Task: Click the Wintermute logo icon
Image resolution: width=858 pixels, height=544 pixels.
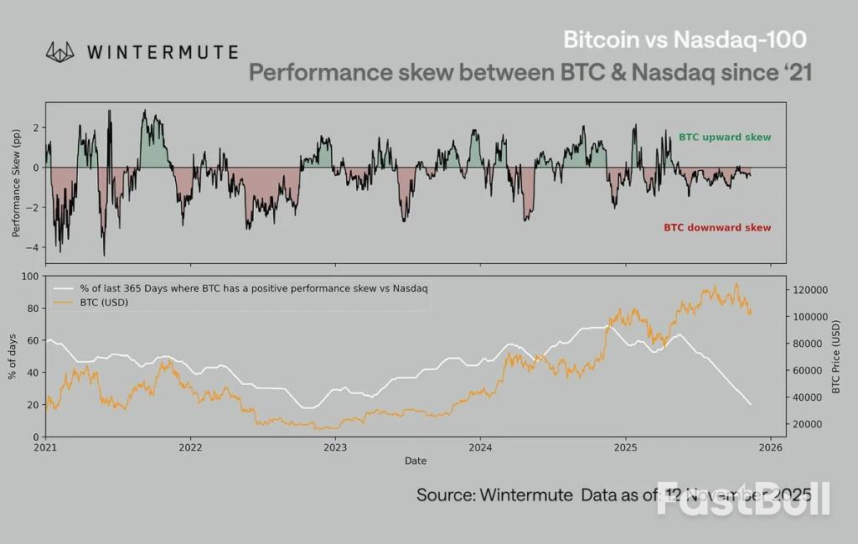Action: coord(60,52)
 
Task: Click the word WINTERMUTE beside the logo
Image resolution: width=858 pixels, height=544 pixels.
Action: coord(162,52)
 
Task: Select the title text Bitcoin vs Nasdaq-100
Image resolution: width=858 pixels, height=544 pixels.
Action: coord(685,40)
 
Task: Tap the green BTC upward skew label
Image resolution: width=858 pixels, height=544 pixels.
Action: coord(724,137)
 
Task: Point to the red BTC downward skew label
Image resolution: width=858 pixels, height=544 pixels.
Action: coord(717,227)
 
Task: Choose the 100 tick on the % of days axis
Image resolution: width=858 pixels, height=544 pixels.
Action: coord(30,276)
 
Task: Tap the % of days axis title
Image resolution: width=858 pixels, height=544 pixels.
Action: coord(13,356)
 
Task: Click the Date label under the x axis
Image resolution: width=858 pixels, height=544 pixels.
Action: coord(416,461)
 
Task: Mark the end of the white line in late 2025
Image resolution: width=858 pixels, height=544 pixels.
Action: coord(750,405)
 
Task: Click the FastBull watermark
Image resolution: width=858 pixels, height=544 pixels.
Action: coord(743,499)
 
